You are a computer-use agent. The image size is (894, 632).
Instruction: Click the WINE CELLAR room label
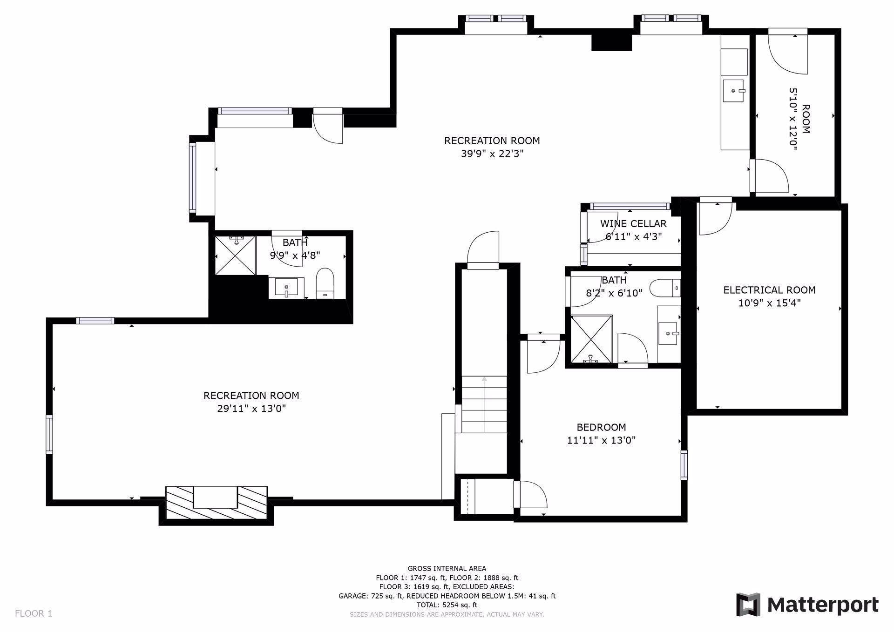pos(633,224)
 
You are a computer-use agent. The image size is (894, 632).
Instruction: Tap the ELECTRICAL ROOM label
pos(769,290)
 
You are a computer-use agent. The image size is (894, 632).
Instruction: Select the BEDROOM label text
pos(601,427)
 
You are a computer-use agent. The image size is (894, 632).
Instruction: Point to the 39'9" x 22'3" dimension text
pos(492,154)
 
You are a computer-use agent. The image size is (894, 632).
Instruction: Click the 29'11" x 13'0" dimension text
pos(251,409)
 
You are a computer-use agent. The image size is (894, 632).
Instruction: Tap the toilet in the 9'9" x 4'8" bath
pos(325,282)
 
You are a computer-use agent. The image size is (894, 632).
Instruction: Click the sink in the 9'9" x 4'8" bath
pos(286,288)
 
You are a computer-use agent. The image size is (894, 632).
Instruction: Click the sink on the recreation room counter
pos(734,91)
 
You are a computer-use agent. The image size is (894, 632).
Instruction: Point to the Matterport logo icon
pos(748,605)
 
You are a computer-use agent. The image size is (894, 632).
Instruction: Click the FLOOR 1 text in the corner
pos(34,613)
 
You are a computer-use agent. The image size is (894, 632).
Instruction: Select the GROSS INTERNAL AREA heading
pos(447,568)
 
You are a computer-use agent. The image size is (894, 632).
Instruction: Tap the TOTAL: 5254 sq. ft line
pos(447,605)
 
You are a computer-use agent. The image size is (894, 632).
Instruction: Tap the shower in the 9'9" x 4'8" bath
pos(236,255)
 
